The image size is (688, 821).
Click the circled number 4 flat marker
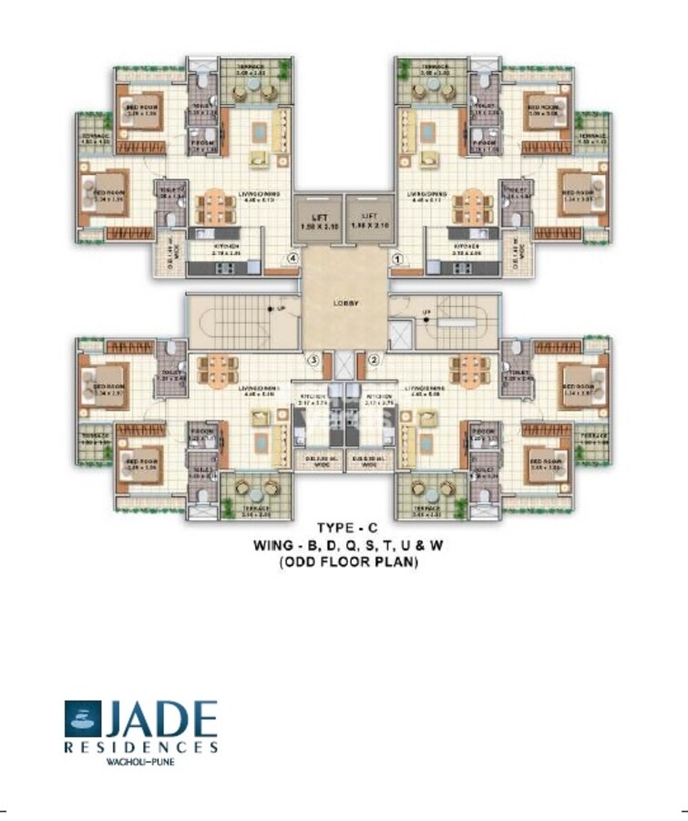[292, 259]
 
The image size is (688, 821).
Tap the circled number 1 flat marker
[396, 259]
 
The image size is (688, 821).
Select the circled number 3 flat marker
[313, 360]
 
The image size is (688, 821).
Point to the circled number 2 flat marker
[374, 360]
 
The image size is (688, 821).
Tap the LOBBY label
[344, 303]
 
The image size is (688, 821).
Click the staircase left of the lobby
[242, 320]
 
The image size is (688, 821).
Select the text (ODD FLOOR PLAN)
[344, 562]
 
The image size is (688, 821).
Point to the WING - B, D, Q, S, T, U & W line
[344, 545]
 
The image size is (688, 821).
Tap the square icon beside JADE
[83, 718]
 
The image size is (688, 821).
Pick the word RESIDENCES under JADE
[141, 747]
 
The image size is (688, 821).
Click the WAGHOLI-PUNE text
[141, 762]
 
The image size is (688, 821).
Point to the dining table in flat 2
[469, 369]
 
